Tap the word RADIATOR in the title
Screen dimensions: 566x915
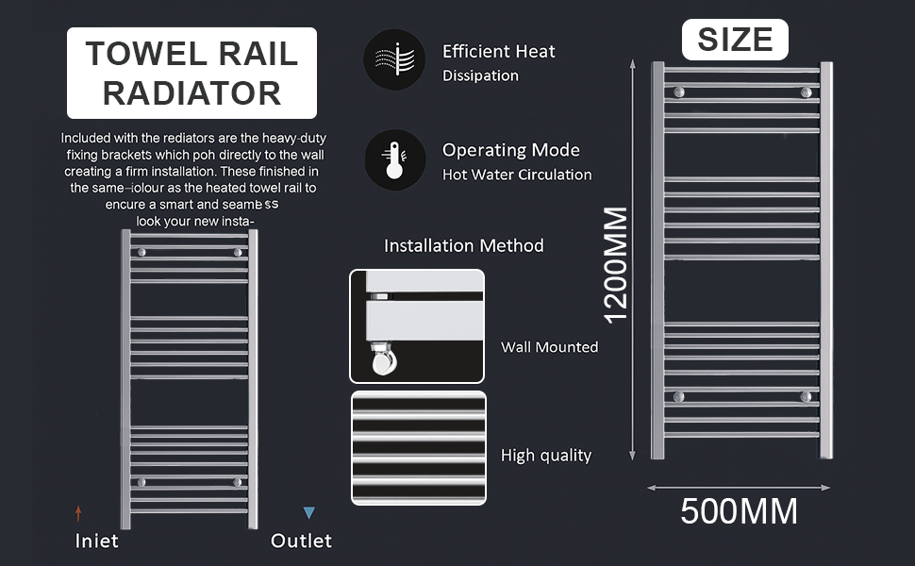click(x=191, y=93)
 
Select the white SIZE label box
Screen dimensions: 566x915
click(x=735, y=40)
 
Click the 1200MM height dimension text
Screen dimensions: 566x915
click(x=615, y=264)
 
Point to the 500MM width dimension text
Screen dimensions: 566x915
click(x=740, y=511)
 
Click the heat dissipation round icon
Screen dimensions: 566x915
click(x=394, y=59)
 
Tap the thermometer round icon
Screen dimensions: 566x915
click(x=394, y=159)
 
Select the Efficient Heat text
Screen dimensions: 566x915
click(x=499, y=51)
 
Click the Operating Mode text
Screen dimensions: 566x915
click(x=511, y=150)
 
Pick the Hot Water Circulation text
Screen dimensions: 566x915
click(x=517, y=175)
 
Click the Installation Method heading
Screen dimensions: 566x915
click(x=464, y=245)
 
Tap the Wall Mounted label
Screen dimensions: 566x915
click(x=549, y=347)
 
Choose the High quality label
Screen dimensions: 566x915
click(x=546, y=456)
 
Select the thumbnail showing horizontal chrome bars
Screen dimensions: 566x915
click(x=418, y=448)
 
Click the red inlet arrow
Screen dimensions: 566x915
click(x=78, y=513)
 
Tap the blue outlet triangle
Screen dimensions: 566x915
click(x=308, y=513)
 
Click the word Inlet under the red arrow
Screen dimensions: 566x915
click(x=97, y=541)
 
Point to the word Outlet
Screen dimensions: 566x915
click(x=301, y=541)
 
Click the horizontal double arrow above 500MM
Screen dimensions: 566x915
click(x=740, y=488)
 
